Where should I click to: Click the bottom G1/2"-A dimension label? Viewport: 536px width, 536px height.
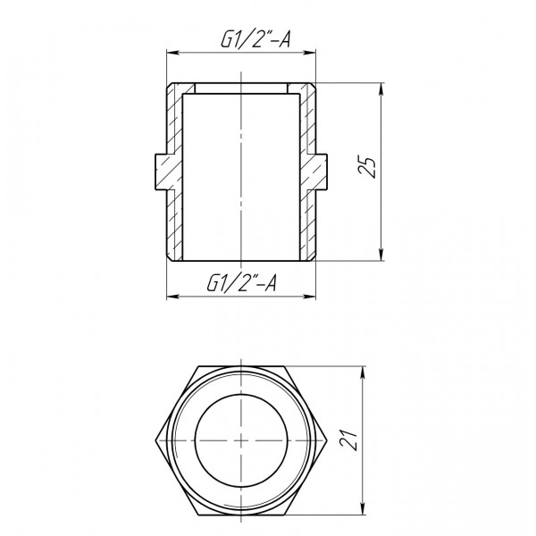[242, 285]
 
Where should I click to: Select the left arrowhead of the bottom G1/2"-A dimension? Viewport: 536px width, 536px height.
[171, 296]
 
